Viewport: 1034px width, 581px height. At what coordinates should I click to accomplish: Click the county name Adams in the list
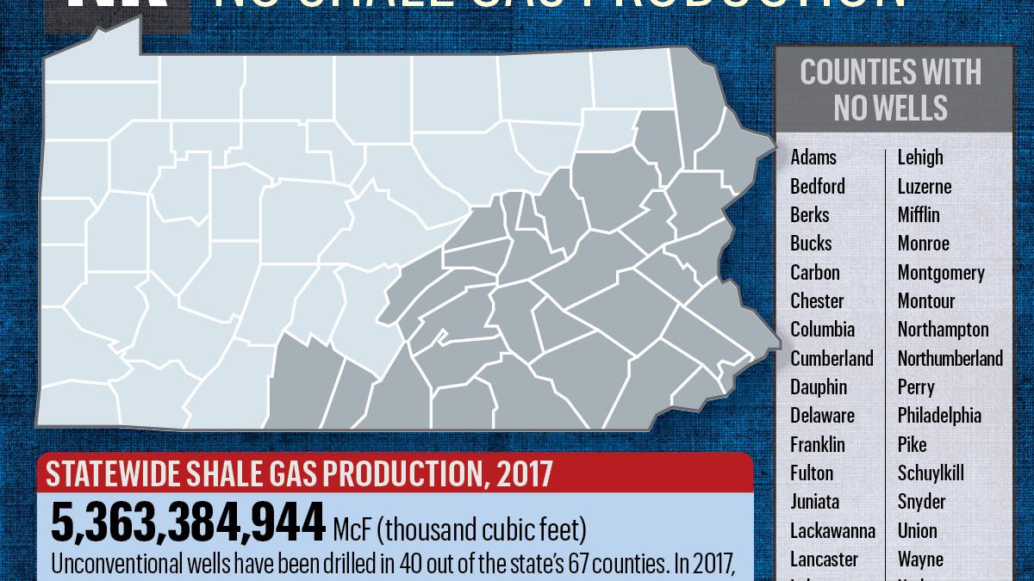coord(813,158)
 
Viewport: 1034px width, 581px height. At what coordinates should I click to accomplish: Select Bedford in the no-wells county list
coord(818,186)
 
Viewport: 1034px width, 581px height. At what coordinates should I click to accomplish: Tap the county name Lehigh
coord(920,158)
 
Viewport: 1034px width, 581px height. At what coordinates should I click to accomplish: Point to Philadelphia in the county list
coord(939,416)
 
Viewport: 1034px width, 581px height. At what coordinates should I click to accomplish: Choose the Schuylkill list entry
coord(931,473)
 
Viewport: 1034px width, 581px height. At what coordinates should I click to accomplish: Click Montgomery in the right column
coord(941,272)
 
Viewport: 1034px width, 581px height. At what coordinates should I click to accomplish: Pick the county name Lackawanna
coord(832,530)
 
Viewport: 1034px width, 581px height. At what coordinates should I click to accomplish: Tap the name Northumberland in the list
coord(950,358)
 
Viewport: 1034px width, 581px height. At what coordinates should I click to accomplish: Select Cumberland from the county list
coord(832,358)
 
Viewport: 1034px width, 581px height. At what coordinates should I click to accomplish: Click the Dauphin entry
coord(819,387)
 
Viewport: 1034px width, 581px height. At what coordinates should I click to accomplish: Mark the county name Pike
coord(913,444)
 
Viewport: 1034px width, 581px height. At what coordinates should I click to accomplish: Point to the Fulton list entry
coord(812,473)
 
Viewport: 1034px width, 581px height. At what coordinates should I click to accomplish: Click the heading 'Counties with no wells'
coord(891,90)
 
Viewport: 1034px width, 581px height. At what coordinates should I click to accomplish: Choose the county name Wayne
coord(920,559)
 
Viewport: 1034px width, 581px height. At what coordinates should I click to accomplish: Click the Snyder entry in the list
coord(921,502)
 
